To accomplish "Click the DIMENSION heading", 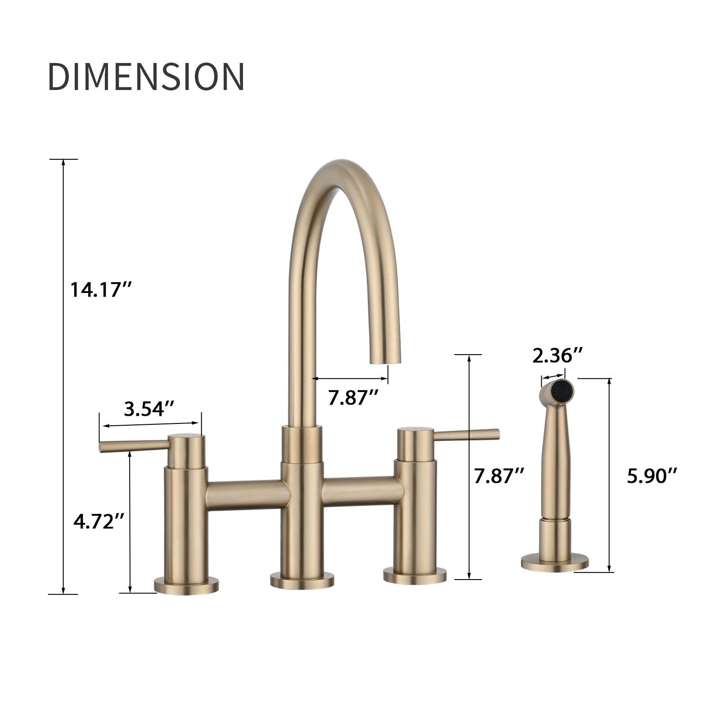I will (146, 76).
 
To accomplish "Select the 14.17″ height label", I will (100, 289).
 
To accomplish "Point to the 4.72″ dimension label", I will (99, 522).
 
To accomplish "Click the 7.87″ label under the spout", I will (353, 397).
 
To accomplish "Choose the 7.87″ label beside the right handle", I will (499, 476).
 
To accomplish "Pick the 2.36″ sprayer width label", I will (558, 356).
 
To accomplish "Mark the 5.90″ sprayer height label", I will (652, 476).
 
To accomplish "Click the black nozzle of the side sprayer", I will (562, 390).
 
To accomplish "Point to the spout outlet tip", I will (385, 358).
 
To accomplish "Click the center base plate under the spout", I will (302, 580).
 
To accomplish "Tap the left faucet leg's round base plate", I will (186, 585).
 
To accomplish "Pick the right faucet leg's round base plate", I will (414, 576).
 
